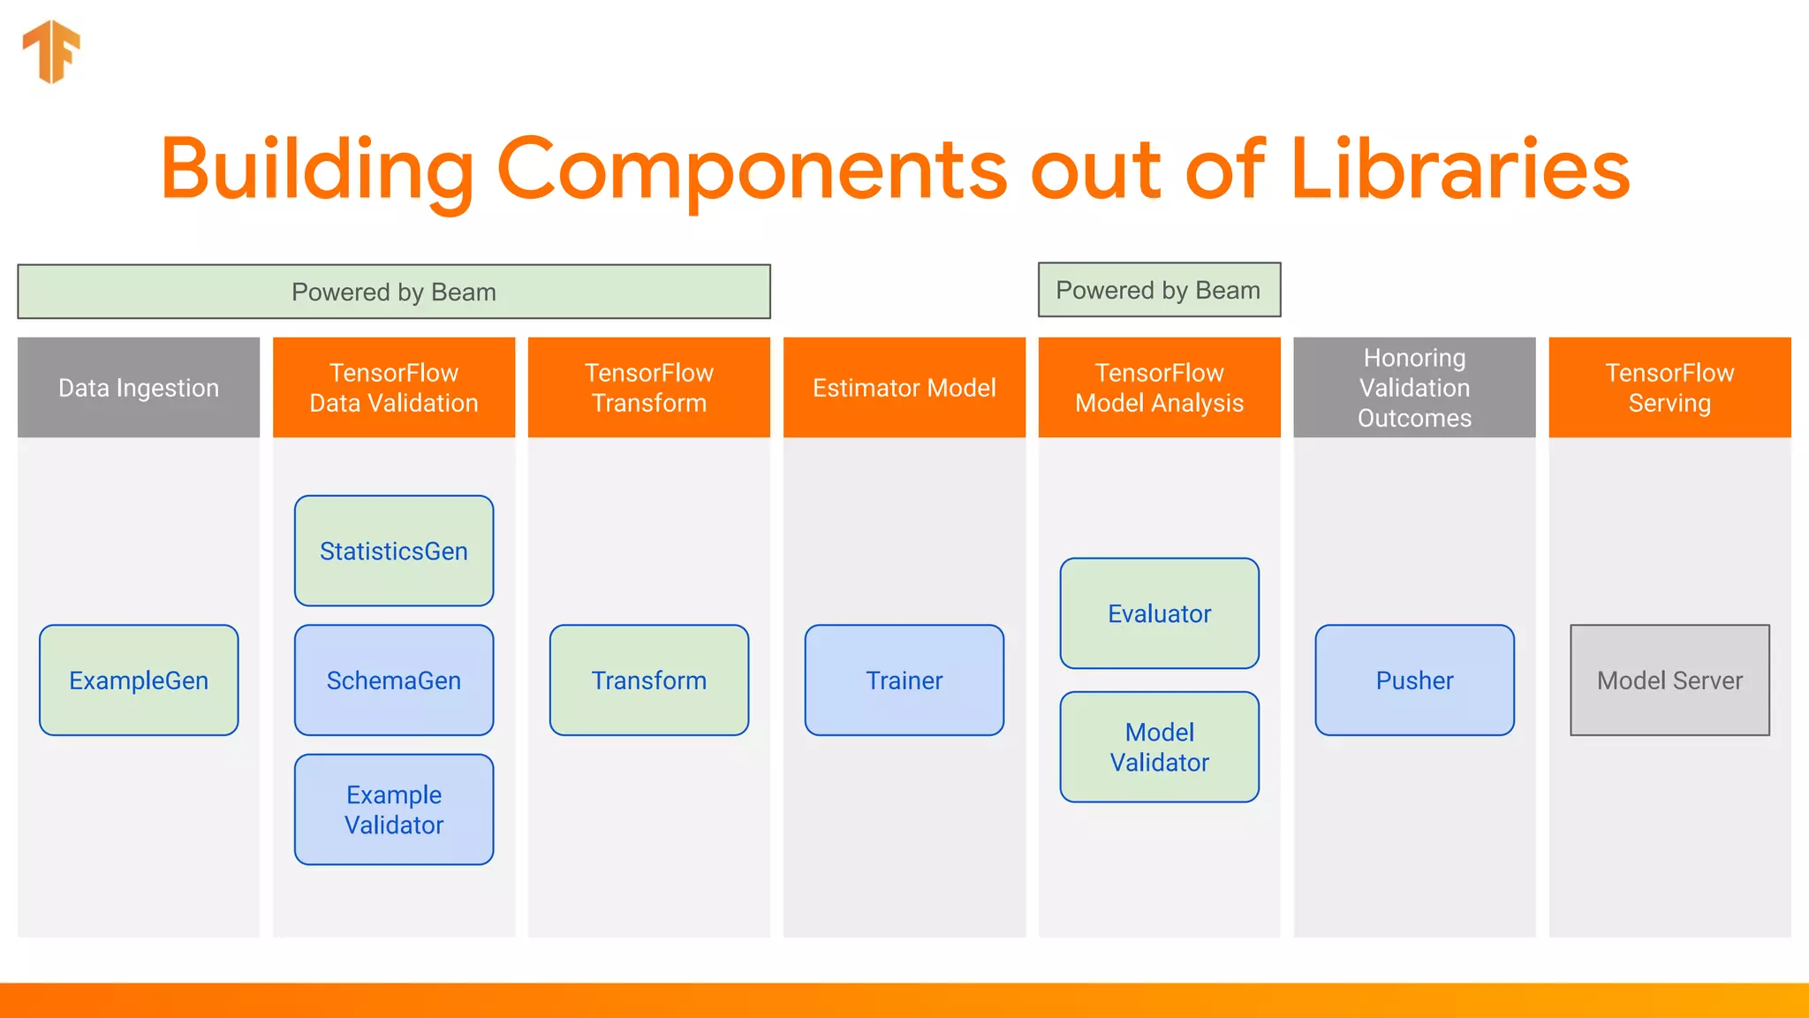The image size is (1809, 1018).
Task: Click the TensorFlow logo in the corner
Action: (x=52, y=51)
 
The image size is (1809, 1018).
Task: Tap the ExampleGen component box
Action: (x=139, y=680)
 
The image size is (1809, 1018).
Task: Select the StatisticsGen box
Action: (x=394, y=551)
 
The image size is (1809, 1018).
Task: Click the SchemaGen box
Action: (x=394, y=680)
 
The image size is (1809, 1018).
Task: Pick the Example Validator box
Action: (x=394, y=809)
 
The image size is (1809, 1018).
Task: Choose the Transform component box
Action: (x=649, y=680)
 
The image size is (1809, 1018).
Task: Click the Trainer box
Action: (x=904, y=680)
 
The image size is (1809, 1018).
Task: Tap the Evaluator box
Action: (x=1159, y=613)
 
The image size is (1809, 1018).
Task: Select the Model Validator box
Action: (x=1159, y=747)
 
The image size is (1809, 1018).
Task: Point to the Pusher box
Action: (x=1414, y=680)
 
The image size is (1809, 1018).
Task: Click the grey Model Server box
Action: (x=1669, y=680)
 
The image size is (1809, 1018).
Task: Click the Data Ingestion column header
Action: (x=139, y=387)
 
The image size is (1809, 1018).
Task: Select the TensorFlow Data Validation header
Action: (x=394, y=387)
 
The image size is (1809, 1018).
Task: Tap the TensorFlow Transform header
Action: (x=649, y=387)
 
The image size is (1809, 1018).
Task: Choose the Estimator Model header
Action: (x=904, y=387)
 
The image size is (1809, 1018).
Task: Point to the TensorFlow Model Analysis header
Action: (x=1159, y=387)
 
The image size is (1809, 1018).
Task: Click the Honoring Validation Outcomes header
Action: (x=1414, y=387)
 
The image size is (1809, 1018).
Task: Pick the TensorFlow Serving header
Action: (x=1669, y=387)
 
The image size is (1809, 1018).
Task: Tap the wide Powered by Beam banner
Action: (x=394, y=292)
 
